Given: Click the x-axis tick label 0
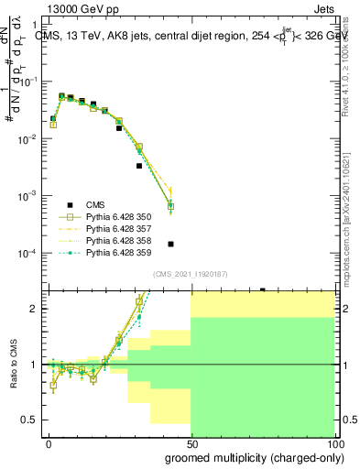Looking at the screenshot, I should pyautogui.click(x=49, y=442).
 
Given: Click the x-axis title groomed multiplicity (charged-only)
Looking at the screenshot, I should pyautogui.click(x=262, y=457).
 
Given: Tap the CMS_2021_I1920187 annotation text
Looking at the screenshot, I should pyautogui.click(x=191, y=273).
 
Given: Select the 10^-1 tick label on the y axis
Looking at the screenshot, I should pyautogui.click(x=27, y=82).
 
